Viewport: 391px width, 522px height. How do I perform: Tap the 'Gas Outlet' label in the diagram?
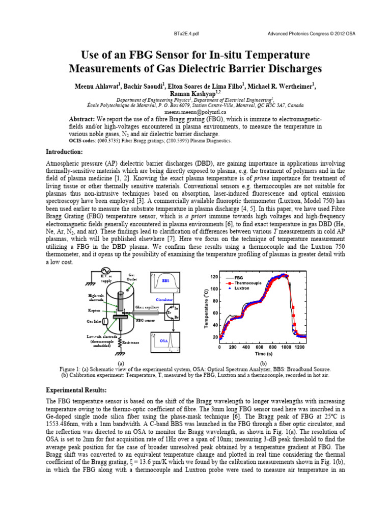pos(131,277)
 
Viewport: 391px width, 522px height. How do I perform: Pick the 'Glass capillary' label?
pos(147,307)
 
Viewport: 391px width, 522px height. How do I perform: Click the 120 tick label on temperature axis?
pos(214,277)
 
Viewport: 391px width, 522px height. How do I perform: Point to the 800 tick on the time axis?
pos(272,347)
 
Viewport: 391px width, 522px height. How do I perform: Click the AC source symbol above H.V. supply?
pos(106,270)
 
